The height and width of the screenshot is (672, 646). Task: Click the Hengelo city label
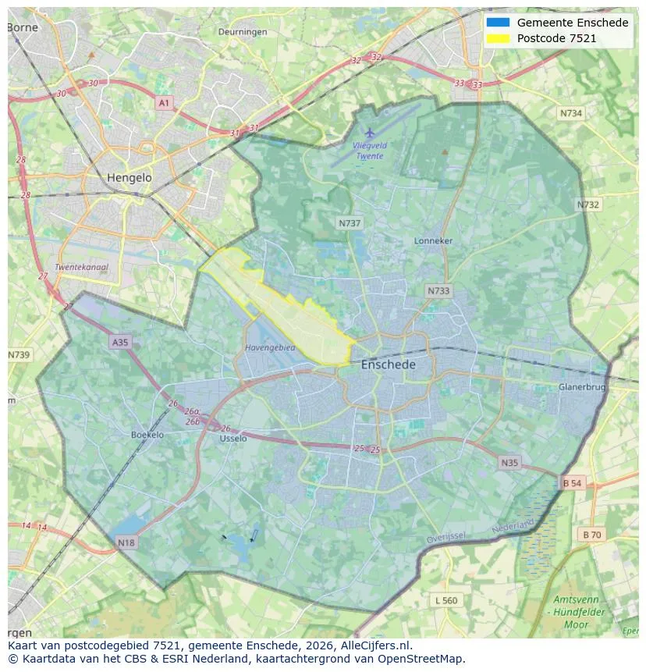130,178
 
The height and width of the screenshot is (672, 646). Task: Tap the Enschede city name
388,364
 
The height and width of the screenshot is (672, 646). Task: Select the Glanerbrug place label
581,387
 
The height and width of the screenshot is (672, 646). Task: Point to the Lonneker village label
433,241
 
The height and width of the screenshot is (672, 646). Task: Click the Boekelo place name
147,435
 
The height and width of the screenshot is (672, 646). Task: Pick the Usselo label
233,439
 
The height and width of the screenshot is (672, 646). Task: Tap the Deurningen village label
243,32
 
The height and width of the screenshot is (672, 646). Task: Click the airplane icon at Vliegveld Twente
369,133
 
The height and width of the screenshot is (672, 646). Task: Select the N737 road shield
350,223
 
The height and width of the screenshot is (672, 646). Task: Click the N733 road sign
438,291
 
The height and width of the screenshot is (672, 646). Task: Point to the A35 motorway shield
119,342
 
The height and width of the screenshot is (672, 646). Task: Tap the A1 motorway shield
164,103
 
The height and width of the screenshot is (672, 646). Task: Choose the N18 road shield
126,542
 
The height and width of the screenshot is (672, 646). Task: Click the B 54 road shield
572,484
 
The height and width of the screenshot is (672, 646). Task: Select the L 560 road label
446,600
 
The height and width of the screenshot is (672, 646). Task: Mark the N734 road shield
570,113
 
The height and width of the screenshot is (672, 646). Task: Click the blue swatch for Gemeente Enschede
497,23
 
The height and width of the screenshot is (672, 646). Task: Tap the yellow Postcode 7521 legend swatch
497,38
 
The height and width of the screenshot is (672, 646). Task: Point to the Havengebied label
270,348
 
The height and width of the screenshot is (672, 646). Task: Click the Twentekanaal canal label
82,267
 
